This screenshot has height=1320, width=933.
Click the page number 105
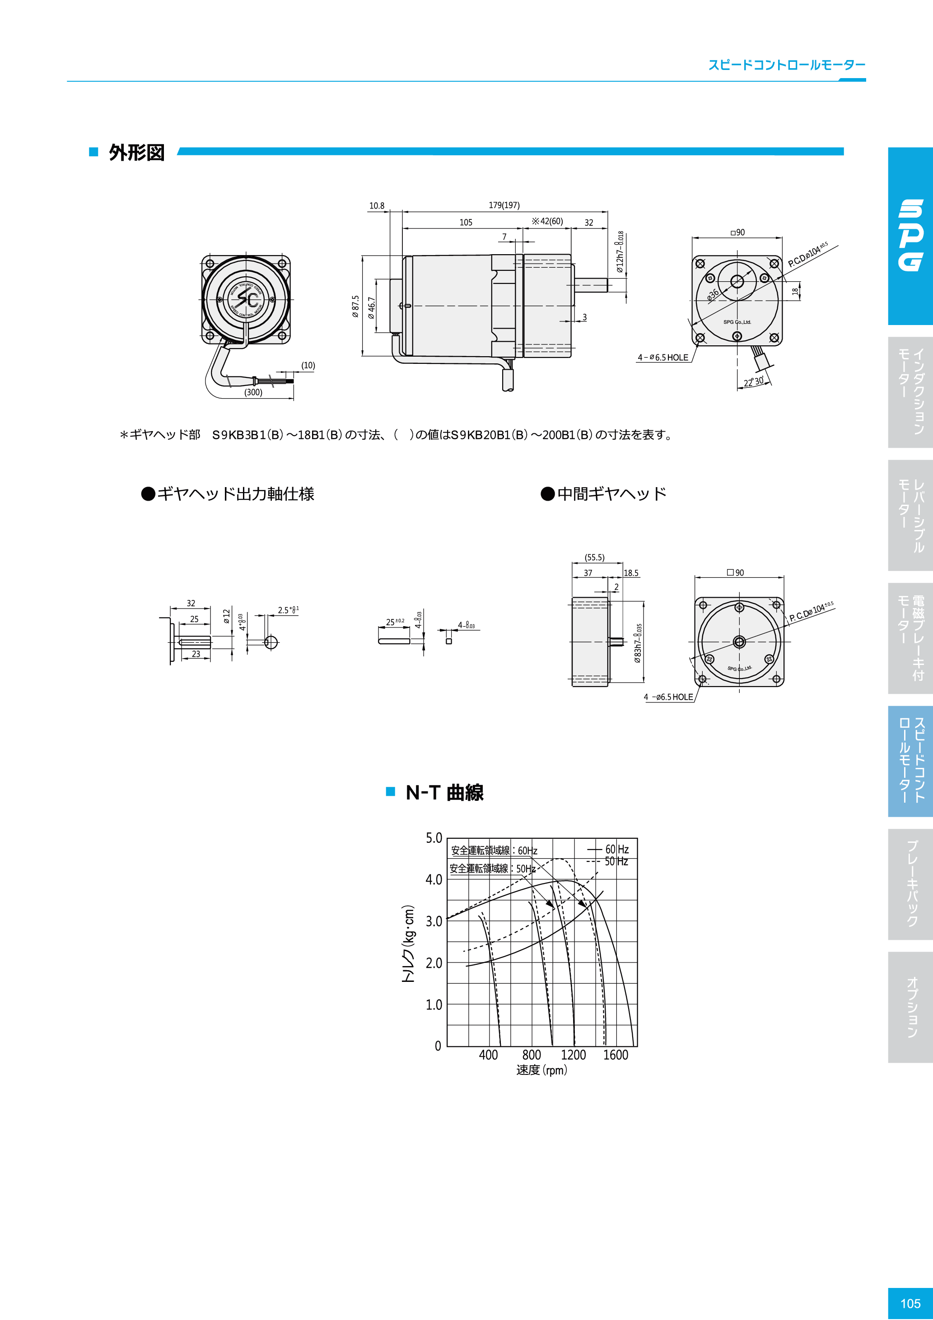[x=910, y=1303]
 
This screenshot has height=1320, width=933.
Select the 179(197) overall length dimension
[x=504, y=205]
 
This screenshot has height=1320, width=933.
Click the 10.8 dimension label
[x=377, y=206]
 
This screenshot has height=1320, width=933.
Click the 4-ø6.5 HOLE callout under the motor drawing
[x=662, y=358]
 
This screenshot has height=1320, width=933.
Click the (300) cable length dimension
[x=253, y=392]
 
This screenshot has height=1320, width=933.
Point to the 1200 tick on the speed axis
[x=573, y=1055]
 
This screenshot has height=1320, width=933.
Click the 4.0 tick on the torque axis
[x=434, y=879]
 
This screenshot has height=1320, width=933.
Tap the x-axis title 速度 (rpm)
[x=541, y=1070]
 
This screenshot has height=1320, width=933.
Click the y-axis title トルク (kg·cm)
[x=408, y=944]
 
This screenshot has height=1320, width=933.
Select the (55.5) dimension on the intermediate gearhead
[x=594, y=557]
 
